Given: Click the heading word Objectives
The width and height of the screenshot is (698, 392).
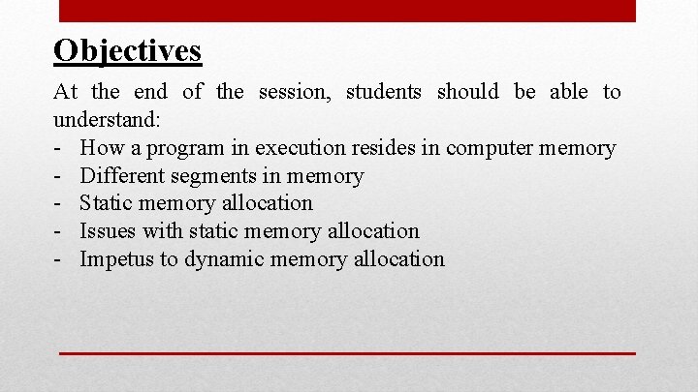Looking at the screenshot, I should pos(128,50).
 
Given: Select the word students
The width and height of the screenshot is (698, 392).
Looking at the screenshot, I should pos(384,92).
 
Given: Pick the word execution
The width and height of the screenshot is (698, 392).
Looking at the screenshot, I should pos(299,148).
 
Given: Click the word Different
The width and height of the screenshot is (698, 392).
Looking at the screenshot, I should pos(121,176).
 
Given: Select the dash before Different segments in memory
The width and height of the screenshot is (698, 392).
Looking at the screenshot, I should pos(59,176).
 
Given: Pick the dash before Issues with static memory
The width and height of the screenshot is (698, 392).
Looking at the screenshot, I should pos(59,231).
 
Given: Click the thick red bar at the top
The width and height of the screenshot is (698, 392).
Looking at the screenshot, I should pos(347,11).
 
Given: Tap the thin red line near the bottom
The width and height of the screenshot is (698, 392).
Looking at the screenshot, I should pos(347,354).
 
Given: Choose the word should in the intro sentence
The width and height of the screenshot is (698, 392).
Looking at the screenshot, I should pos(468,92).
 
